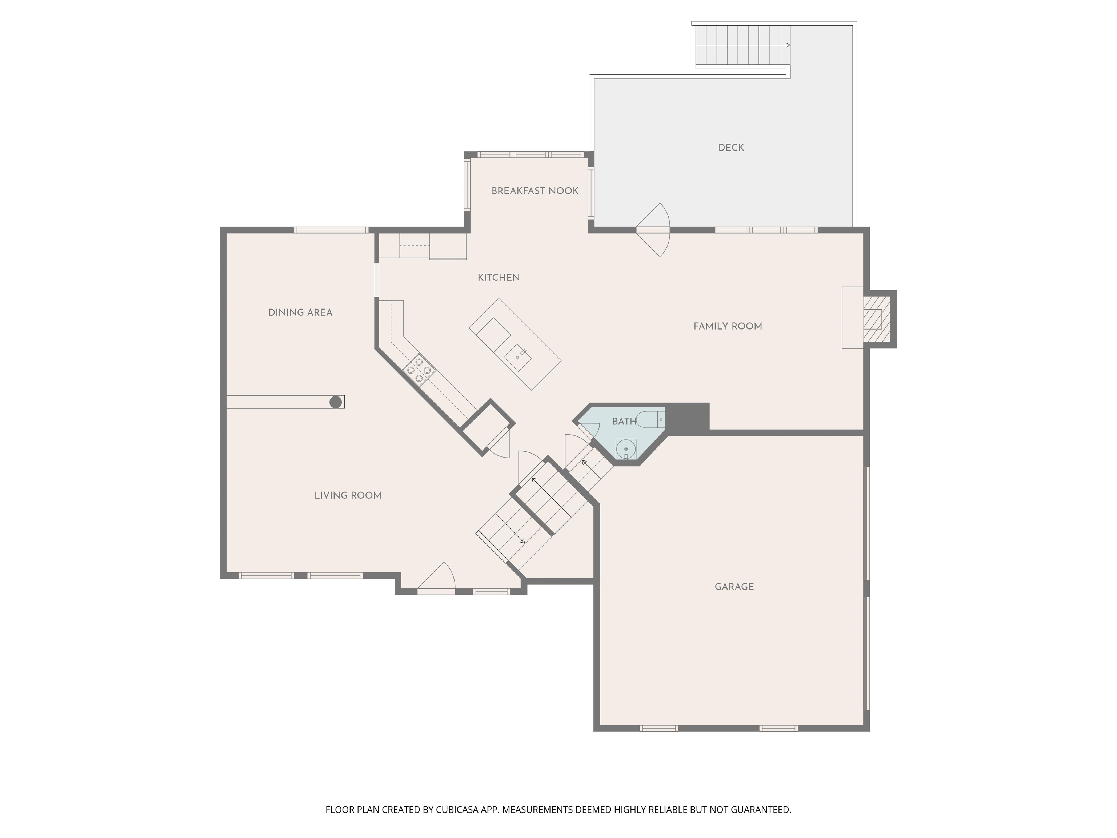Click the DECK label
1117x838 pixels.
(731, 148)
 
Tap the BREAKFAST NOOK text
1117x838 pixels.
(535, 191)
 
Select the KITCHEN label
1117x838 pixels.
(499, 277)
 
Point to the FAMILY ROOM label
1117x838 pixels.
(728, 326)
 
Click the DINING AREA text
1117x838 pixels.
(300, 313)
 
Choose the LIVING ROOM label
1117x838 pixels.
(347, 495)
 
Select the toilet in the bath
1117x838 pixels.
(649, 419)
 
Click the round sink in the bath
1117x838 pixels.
(626, 448)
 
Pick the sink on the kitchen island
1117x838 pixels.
(517, 357)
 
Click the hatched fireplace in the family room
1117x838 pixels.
(873, 319)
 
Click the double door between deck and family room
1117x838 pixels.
(653, 230)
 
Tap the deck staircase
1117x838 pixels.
(742, 45)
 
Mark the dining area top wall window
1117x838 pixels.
(331, 230)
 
